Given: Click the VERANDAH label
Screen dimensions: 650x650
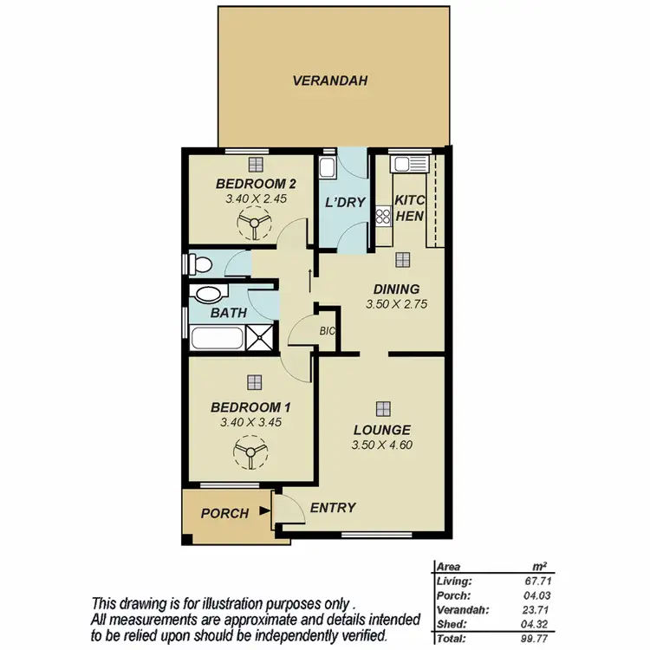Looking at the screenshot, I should pos(330,81).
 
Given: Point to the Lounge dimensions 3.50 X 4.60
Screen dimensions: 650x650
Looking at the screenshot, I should pos(381,445).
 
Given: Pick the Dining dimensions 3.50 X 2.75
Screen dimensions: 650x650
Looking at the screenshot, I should pos(397,304).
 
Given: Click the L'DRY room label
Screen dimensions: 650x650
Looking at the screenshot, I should pos(344,203).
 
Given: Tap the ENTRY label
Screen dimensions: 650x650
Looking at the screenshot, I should pos(332,508).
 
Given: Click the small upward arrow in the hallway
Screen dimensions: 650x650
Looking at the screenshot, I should pos(309,276).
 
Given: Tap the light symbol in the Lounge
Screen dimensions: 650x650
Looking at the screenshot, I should pos(382,407).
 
